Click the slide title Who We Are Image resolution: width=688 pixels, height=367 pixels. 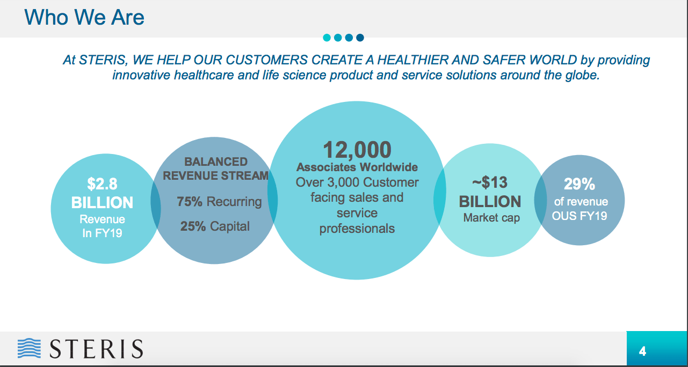click(84, 18)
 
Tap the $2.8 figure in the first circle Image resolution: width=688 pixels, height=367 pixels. click(102, 184)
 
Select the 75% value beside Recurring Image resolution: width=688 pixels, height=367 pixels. click(190, 202)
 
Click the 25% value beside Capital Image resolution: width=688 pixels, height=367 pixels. click(193, 226)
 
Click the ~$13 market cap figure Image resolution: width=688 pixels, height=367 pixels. click(489, 182)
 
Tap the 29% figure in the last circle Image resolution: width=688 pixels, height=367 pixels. click(580, 184)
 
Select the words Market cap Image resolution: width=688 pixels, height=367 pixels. click(491, 218)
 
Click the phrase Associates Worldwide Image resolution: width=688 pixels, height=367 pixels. click(357, 167)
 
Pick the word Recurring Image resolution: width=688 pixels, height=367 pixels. click(234, 202)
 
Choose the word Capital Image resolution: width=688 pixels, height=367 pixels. click(230, 226)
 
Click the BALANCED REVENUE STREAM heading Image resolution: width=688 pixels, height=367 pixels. click(216, 168)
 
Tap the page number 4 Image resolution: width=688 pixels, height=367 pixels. click(642, 352)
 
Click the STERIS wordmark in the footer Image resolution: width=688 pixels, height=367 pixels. click(97, 349)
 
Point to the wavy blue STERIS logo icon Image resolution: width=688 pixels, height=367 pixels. click(29, 349)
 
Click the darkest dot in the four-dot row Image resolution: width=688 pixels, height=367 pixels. click(360, 38)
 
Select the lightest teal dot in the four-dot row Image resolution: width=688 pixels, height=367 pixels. click(327, 38)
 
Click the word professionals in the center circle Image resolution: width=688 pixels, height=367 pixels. click(357, 229)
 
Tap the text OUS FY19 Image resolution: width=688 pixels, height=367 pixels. click(580, 216)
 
